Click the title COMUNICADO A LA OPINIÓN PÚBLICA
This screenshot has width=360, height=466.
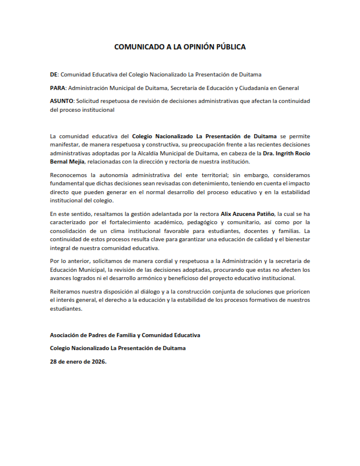[180, 46]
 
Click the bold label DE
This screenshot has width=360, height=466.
[54, 75]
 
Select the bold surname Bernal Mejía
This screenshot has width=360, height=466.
[68, 161]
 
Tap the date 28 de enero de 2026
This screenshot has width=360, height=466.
[78, 361]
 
